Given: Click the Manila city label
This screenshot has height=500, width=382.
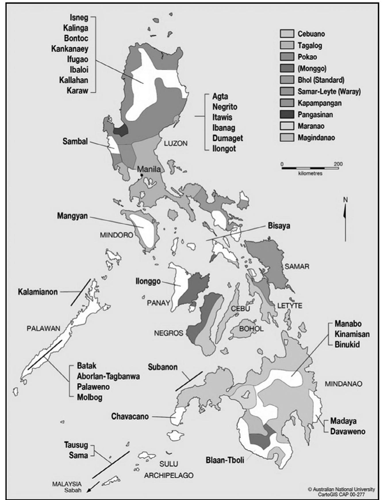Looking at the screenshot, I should [x=149, y=169].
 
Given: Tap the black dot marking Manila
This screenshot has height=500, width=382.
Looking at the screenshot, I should [x=142, y=175].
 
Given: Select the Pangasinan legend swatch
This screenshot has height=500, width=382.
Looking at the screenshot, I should [x=287, y=114].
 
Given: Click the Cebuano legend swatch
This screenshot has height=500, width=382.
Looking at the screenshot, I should [x=287, y=34].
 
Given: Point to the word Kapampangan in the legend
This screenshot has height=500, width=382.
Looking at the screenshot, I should [x=319, y=103].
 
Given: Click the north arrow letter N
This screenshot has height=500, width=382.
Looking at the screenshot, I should [x=345, y=200].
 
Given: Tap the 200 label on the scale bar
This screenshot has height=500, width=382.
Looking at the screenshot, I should [x=338, y=164].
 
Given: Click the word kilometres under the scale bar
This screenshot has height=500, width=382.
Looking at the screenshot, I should [x=310, y=174].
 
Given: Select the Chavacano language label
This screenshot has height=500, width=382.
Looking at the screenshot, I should [x=130, y=416].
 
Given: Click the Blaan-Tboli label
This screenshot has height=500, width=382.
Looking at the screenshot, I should [x=225, y=460].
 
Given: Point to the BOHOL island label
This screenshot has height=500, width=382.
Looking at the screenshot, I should [x=251, y=329].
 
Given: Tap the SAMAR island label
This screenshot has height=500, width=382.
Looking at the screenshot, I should [x=297, y=266].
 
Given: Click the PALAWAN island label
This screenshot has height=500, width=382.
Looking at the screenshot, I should [x=43, y=328].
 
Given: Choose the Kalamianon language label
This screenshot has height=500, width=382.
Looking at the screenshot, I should [x=38, y=292].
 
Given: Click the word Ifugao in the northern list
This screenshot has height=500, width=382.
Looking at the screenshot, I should [x=78, y=59].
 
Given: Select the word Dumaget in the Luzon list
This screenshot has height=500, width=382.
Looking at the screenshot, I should [x=228, y=138].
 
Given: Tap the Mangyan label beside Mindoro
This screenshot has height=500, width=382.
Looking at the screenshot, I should [x=72, y=216].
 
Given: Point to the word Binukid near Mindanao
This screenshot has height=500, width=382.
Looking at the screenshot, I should [x=347, y=344].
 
